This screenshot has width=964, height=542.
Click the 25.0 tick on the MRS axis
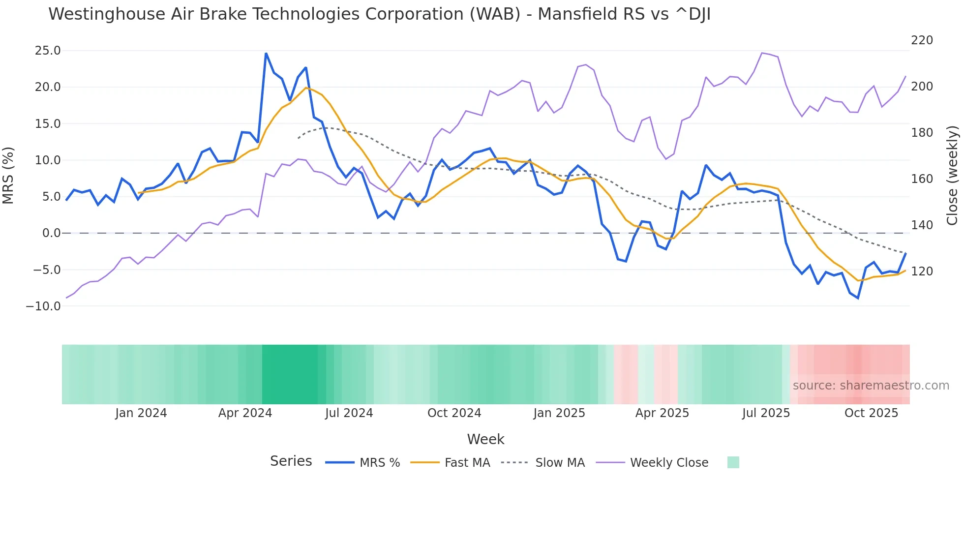48,51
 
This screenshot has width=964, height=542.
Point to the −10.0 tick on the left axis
44,306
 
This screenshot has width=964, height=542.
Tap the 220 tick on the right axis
922,40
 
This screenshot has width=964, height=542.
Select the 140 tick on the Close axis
922,225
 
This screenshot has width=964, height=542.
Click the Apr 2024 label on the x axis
245,413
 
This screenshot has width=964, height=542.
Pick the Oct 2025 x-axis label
871,413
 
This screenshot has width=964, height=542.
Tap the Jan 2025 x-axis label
559,413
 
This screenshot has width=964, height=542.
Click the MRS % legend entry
379,463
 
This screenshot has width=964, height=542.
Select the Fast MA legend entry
467,463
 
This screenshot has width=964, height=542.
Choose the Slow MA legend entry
560,463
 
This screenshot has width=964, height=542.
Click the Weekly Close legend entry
669,463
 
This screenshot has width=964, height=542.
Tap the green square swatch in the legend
733,462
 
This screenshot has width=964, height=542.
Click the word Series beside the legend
291,461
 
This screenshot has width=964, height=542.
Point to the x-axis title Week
485,439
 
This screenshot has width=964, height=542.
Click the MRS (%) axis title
8,176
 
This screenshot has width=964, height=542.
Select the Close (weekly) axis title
952,176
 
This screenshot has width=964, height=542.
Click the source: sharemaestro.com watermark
871,386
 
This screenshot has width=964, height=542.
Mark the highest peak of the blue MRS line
266,54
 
